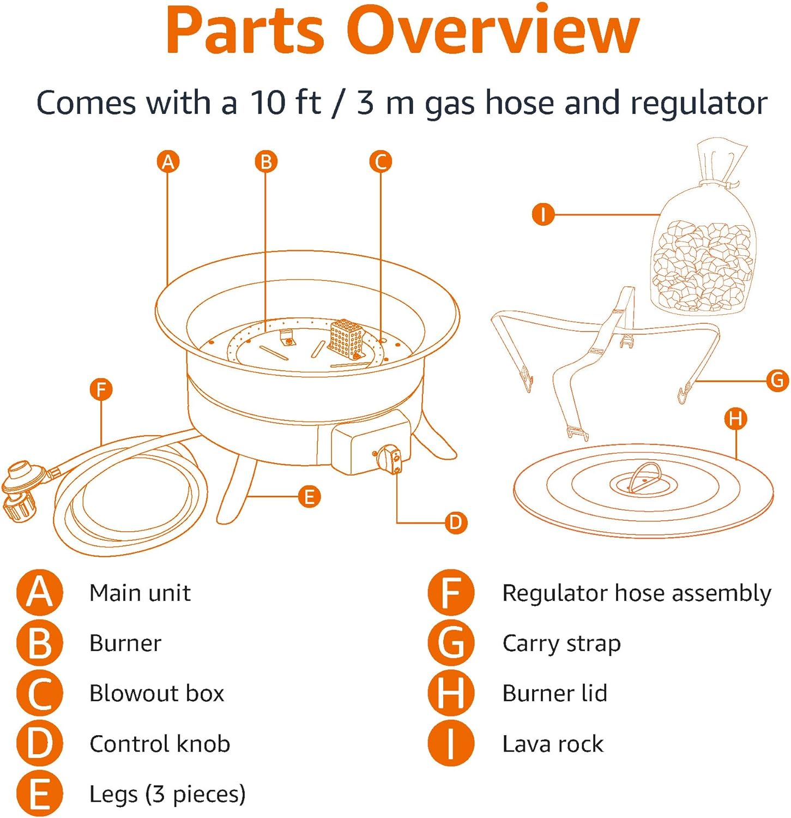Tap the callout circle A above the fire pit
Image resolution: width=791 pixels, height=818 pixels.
168,162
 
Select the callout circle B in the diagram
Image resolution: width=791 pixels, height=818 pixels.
266,162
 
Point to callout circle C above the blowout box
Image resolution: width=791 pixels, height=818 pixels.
381,162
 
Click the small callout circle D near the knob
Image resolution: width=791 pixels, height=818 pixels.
455,522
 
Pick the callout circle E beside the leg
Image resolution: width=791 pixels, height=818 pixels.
309,497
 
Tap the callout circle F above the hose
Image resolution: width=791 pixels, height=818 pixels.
101,390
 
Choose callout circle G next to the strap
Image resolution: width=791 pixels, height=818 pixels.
777,380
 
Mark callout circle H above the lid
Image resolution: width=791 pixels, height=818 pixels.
735,419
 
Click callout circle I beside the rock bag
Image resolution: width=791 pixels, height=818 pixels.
543,214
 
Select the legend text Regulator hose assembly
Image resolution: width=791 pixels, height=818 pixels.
636,593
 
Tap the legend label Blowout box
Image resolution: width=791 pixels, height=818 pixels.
157,693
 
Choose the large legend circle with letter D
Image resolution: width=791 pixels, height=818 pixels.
40,744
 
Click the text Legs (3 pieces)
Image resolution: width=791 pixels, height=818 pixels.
167,794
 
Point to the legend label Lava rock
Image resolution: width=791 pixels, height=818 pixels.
553,744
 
